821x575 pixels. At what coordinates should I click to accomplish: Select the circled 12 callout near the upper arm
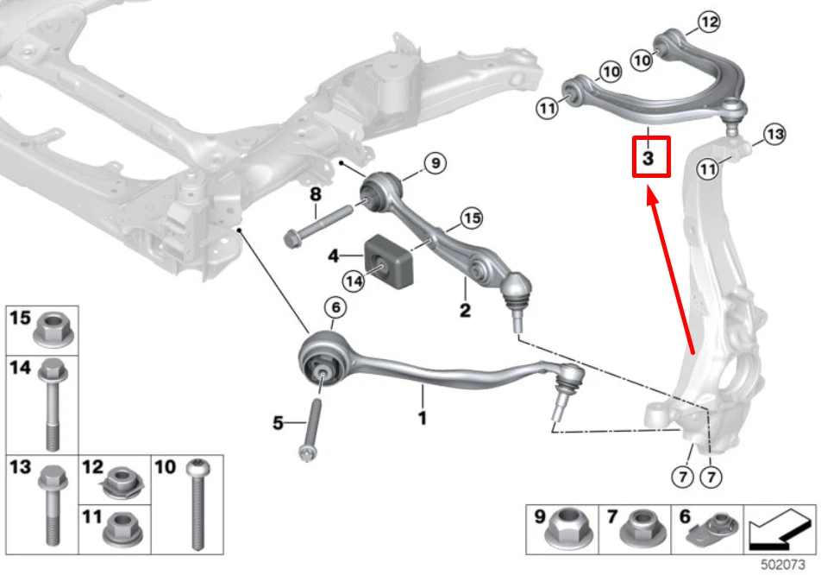tap(707, 23)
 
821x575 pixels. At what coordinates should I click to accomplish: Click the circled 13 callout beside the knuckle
tap(774, 134)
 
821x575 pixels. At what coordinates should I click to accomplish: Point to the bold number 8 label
tap(315, 194)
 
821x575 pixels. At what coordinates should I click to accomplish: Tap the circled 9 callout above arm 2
tap(436, 161)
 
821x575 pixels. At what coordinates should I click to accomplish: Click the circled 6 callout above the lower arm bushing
tap(335, 307)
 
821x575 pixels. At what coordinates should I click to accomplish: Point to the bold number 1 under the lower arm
tap(423, 418)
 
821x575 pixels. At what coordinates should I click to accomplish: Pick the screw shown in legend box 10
tap(197, 505)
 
